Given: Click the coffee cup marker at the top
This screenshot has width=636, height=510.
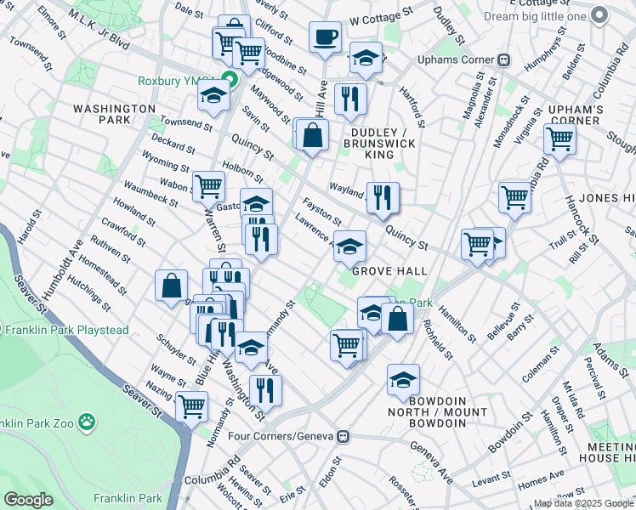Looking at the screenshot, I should click(x=323, y=37).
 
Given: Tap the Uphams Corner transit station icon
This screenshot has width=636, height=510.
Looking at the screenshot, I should click(x=503, y=60).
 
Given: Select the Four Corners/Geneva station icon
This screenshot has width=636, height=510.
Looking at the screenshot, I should click(x=343, y=436).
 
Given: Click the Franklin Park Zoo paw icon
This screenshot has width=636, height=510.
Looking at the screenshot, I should click(x=87, y=422).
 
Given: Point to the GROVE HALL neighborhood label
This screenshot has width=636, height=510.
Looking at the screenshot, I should click(x=389, y=270).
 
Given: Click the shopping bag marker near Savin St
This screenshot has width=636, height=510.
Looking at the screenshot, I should click(x=313, y=134).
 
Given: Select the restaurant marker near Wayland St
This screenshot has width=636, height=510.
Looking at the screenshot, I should click(x=383, y=199).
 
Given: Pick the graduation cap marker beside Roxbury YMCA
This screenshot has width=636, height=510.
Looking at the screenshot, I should click(x=213, y=97).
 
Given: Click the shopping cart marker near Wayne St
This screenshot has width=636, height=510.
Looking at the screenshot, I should click(x=191, y=406).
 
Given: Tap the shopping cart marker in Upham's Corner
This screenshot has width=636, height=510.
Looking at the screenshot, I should click(x=559, y=139).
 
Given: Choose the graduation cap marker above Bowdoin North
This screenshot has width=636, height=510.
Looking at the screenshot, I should click(x=403, y=380).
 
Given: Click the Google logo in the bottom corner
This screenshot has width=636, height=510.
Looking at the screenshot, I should click(x=28, y=499).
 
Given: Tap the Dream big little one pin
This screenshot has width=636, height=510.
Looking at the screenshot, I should click(x=599, y=16).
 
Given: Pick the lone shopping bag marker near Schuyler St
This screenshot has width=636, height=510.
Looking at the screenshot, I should click(x=171, y=286).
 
